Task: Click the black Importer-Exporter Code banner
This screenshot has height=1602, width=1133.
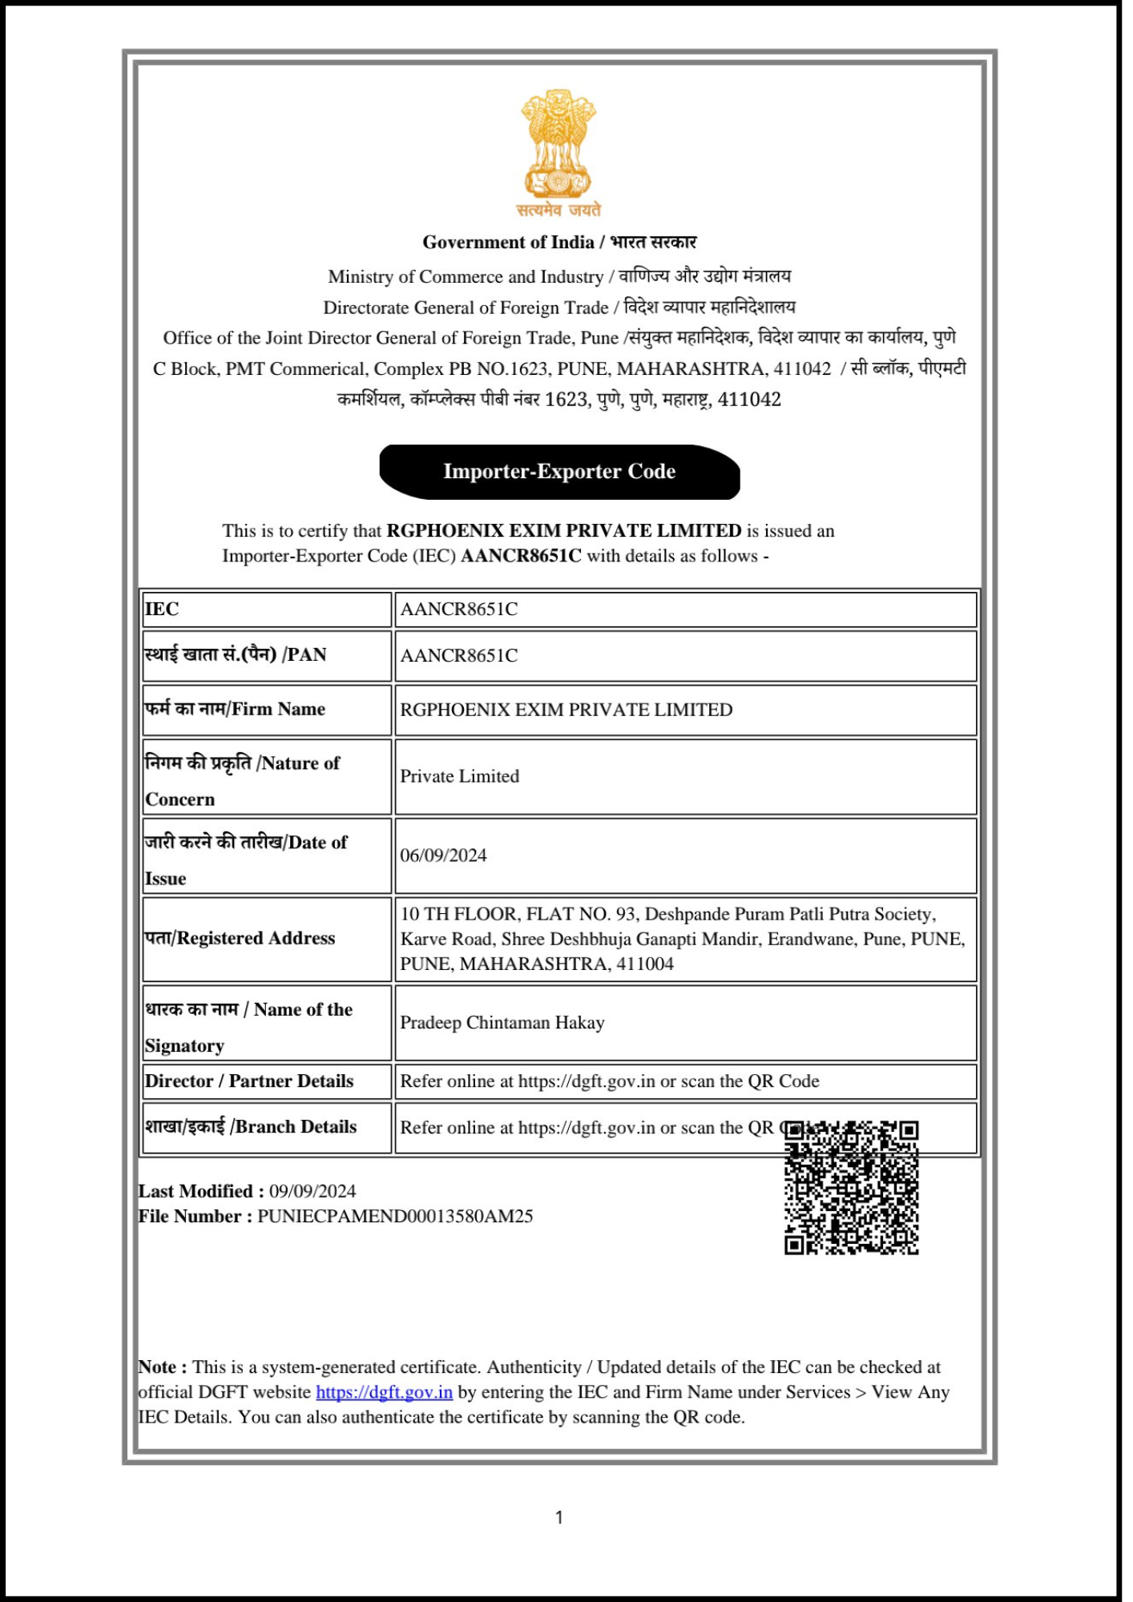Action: point(559,472)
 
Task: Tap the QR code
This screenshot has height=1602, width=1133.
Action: point(851,1187)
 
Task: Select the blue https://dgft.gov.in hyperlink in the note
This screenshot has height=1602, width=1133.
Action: point(384,1392)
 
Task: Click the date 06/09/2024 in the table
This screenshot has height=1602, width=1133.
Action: point(443,855)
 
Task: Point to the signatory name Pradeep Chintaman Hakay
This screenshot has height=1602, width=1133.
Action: point(502,1023)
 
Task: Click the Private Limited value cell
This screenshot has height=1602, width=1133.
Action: point(459,776)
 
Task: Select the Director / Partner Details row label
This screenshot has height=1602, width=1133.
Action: point(249,1081)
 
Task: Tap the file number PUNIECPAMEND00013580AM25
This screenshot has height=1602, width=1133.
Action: point(395,1217)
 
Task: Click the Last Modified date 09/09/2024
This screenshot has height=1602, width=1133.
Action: point(312,1191)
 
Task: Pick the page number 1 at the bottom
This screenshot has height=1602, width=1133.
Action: point(559,1517)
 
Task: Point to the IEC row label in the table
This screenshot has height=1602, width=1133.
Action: point(162,610)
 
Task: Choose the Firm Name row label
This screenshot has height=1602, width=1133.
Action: point(235,709)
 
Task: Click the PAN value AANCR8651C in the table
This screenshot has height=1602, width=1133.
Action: point(458,656)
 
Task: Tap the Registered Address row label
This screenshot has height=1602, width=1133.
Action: point(240,938)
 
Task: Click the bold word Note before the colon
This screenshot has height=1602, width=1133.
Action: point(158,1367)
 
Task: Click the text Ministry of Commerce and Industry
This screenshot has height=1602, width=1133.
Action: point(466,277)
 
